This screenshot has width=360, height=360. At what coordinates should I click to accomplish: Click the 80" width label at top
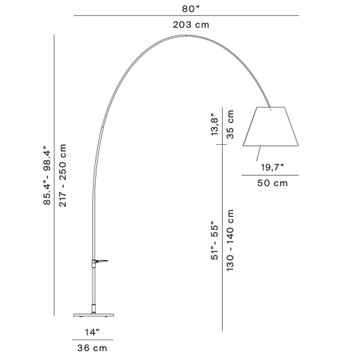tap(191, 9)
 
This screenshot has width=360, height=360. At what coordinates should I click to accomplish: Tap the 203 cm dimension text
tap(191, 25)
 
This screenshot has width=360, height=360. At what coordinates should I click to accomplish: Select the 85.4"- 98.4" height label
tap(46, 175)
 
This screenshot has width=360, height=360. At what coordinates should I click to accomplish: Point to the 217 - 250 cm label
tap(62, 175)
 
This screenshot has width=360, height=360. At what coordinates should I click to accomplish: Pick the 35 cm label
tap(230, 125)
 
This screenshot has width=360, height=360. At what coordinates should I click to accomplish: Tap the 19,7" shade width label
tap(272, 167)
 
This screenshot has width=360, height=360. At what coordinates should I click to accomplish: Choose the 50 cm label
tap(272, 183)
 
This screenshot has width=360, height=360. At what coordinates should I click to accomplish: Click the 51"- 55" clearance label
tap(214, 240)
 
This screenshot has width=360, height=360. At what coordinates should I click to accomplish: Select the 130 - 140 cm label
tap(230, 240)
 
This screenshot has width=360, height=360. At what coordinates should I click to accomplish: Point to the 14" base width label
tap(92, 332)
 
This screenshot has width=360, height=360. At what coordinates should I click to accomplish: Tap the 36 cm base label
tap(92, 348)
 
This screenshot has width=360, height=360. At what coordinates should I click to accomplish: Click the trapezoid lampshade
tap(271, 126)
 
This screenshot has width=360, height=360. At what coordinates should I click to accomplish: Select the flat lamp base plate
tap(94, 315)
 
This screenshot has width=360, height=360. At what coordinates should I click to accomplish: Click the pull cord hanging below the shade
tap(258, 154)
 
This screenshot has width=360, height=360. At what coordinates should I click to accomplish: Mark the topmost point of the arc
tap(185, 35)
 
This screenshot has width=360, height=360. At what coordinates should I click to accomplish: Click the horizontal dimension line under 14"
tap(93, 339)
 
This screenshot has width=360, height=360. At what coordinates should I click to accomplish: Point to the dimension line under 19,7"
tap(270, 175)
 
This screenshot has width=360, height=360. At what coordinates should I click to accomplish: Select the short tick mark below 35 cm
tap(221, 144)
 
